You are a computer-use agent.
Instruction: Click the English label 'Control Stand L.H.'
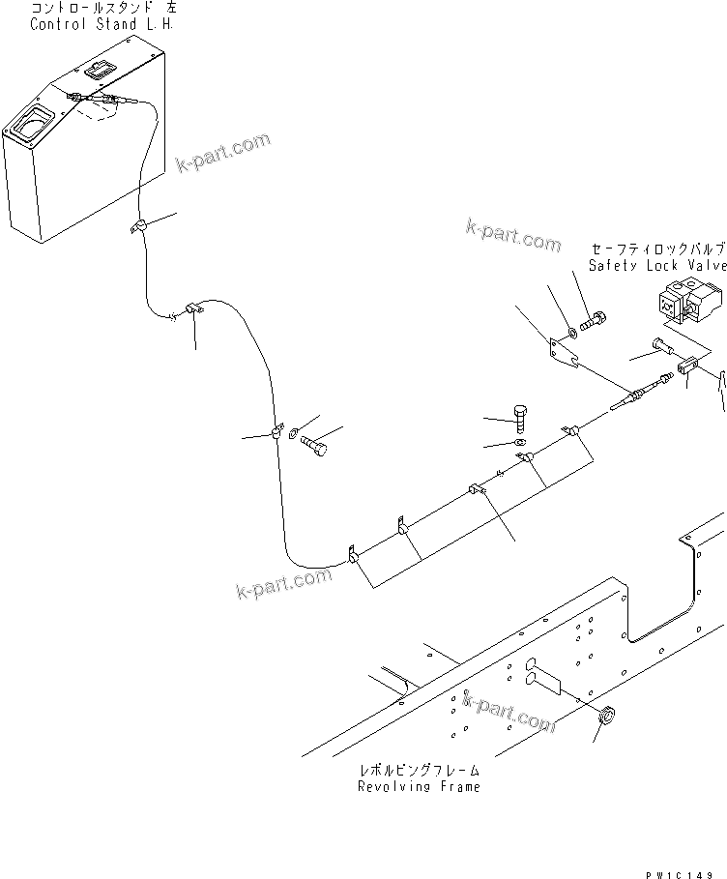click(x=102, y=24)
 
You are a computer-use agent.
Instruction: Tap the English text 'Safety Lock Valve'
click(x=656, y=265)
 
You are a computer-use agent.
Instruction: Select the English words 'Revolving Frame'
click(x=419, y=786)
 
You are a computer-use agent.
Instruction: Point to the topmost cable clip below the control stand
click(x=138, y=228)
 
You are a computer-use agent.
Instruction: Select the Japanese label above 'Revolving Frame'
click(x=419, y=771)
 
